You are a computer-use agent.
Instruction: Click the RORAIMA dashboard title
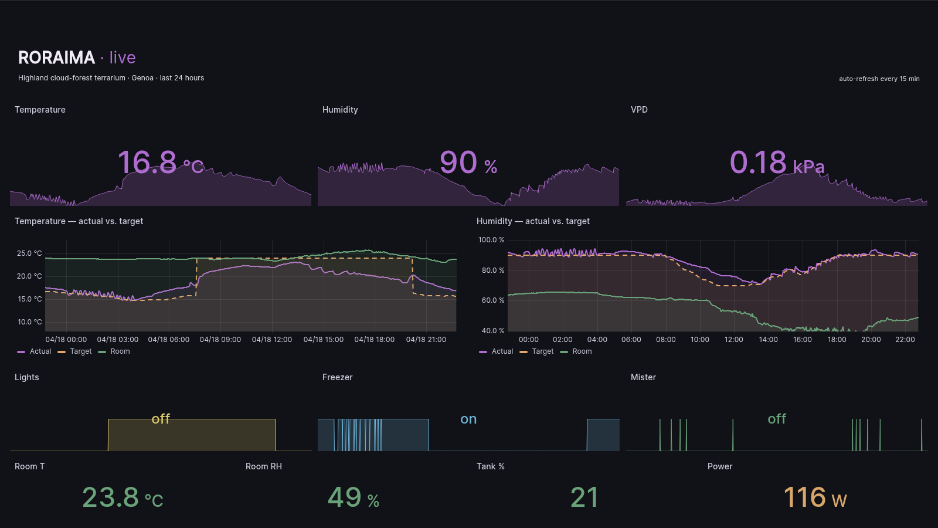[x=56, y=57]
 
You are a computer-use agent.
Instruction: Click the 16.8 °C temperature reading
[x=160, y=163]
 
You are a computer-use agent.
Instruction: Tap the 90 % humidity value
[x=468, y=163]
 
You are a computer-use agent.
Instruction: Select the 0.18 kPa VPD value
[x=776, y=163]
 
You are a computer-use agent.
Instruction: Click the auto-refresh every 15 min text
[x=879, y=79]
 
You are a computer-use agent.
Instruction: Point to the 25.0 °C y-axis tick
[x=29, y=253]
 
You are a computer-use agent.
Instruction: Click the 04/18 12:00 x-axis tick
[x=271, y=340]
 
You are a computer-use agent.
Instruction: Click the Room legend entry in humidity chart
[x=582, y=351]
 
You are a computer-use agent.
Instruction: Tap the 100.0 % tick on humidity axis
[x=491, y=240]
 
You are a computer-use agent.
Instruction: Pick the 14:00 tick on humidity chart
[x=768, y=340]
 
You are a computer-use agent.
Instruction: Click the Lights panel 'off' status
[x=161, y=419]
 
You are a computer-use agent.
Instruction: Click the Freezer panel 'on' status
[x=468, y=419]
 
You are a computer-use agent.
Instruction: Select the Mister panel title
[x=643, y=377]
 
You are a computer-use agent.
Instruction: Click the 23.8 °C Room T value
[x=123, y=497]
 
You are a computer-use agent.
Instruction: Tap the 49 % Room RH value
[x=353, y=497]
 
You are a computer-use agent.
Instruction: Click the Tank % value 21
[x=584, y=497]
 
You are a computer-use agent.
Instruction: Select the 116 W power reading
[x=815, y=497]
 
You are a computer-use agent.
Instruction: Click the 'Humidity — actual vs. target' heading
[x=533, y=221]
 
